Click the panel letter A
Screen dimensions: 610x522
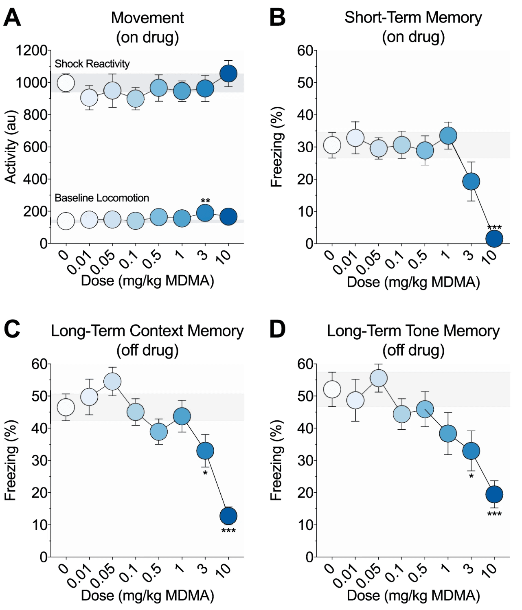click(12, 18)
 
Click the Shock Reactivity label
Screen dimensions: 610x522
click(92, 64)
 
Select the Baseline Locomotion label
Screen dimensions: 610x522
click(102, 198)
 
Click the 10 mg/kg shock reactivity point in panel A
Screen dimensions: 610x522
click(228, 74)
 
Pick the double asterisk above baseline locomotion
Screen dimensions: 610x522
click(205, 201)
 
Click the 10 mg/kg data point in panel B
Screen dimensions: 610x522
click(494, 239)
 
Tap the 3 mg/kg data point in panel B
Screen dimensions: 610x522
click(471, 181)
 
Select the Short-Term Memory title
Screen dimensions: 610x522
click(413, 18)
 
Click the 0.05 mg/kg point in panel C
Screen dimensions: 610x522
click(112, 382)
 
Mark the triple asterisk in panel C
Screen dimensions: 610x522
click(228, 531)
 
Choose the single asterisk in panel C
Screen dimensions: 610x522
click(205, 473)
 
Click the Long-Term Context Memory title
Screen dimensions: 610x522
click(147, 331)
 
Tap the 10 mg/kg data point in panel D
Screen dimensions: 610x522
click(494, 494)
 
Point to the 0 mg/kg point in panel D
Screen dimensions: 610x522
click(332, 389)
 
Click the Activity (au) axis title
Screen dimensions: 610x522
click(11, 147)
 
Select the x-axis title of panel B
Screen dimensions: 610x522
click(413, 282)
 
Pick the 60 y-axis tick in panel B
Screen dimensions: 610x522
click(305, 51)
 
